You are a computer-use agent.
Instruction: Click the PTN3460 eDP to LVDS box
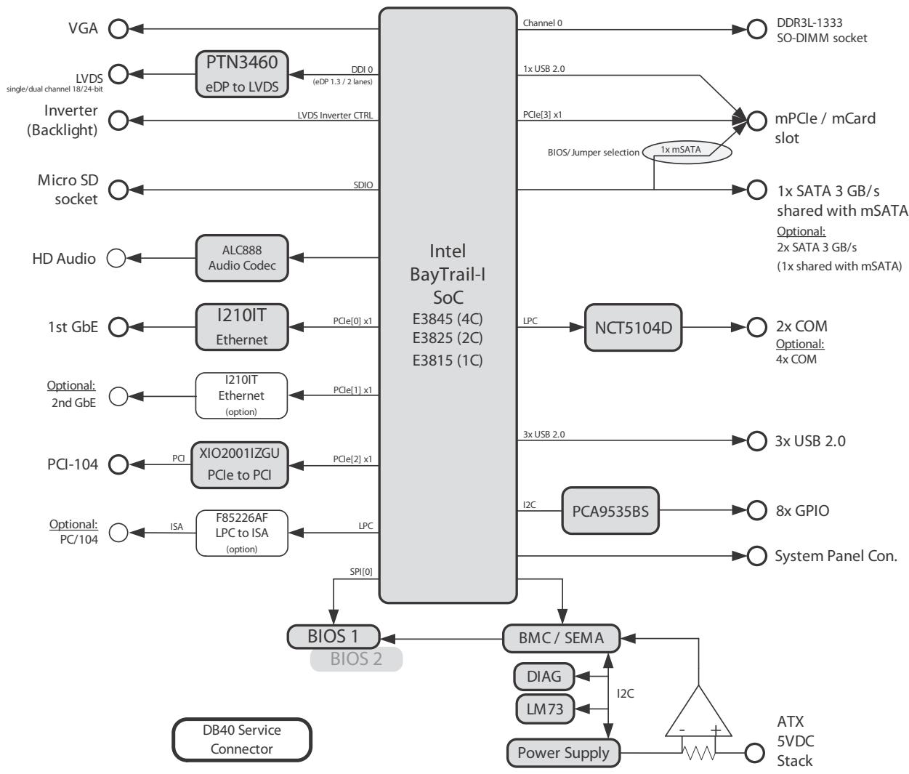[242, 74]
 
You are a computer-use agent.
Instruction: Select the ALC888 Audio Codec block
[242, 258]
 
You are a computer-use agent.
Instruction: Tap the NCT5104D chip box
[634, 328]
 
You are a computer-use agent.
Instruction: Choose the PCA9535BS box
[610, 511]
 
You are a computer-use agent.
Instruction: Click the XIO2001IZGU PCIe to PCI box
[240, 465]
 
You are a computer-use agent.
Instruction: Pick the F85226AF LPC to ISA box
[242, 533]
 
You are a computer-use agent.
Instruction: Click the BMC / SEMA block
[561, 638]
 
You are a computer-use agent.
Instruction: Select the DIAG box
[544, 677]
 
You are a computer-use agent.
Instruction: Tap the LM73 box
[545, 709]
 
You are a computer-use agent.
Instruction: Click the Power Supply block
[563, 753]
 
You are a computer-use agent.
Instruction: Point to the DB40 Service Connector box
[242, 740]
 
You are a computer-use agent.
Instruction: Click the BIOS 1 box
[334, 637]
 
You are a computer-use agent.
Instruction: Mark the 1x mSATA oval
[687, 152]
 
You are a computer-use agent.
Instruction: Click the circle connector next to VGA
[118, 29]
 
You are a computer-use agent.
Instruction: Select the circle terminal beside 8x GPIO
[756, 510]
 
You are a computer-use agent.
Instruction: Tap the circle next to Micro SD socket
[118, 190]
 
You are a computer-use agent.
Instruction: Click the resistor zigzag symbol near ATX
[699, 754]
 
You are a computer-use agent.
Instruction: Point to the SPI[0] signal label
[361, 572]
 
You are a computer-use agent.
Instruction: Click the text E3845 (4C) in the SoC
[448, 319]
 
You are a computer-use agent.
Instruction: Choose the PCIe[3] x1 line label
[542, 115]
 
